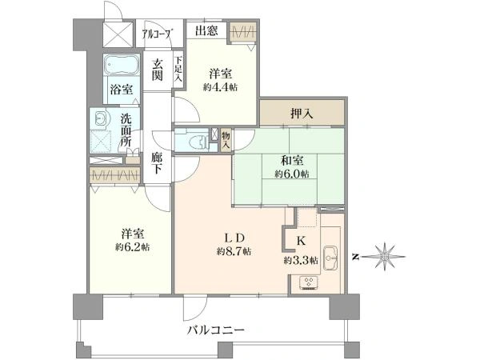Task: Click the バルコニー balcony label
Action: (x=216, y=330)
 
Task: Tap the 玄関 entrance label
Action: (x=158, y=70)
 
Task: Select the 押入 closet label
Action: (x=302, y=114)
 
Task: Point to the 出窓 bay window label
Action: (x=206, y=30)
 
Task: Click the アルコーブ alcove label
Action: (x=158, y=34)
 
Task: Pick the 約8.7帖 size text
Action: (x=234, y=252)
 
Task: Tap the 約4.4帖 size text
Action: (x=221, y=87)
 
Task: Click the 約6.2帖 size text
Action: (x=133, y=247)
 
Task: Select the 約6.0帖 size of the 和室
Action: (x=292, y=174)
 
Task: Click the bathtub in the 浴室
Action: (x=122, y=65)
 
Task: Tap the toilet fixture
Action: (x=198, y=142)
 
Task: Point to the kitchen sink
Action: (x=330, y=258)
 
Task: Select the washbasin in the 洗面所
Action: (x=101, y=118)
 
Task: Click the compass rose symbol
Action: (x=385, y=257)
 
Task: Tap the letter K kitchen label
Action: (x=301, y=242)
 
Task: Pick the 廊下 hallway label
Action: (x=157, y=163)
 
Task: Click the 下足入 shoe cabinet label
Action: (x=178, y=69)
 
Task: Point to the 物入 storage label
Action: (x=226, y=139)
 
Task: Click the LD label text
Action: (x=234, y=238)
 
